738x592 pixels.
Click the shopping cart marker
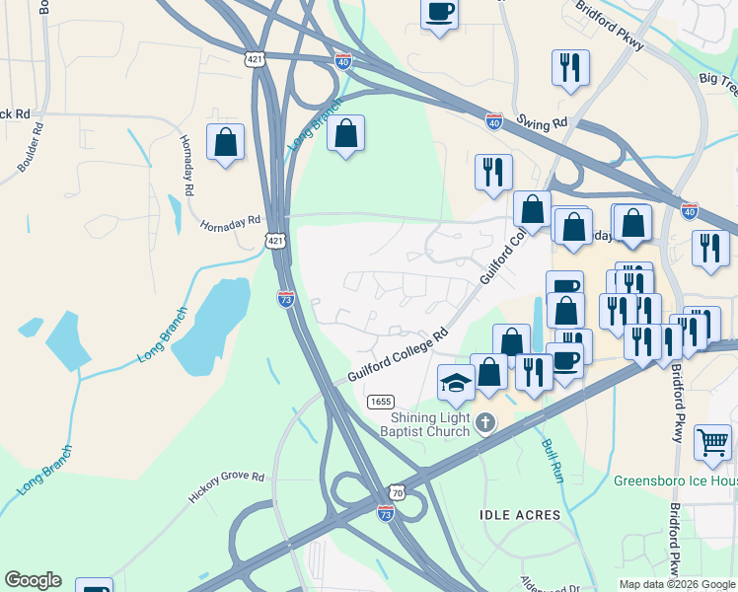pyautogui.click(x=712, y=443)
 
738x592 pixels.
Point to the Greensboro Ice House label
pyautogui.click(x=675, y=481)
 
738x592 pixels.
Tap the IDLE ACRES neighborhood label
pyautogui.click(x=519, y=515)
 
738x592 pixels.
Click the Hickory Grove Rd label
pyautogui.click(x=228, y=488)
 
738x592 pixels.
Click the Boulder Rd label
pyautogui.click(x=31, y=147)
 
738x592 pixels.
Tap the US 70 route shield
pyautogui.click(x=396, y=491)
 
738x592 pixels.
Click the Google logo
pyautogui.click(x=33, y=580)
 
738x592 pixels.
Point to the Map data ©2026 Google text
pyautogui.click(x=678, y=584)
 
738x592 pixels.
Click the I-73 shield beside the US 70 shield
pyautogui.click(x=386, y=513)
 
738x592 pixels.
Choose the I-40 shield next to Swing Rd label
pyautogui.click(x=495, y=121)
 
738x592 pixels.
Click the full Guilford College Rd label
pyautogui.click(x=398, y=357)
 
